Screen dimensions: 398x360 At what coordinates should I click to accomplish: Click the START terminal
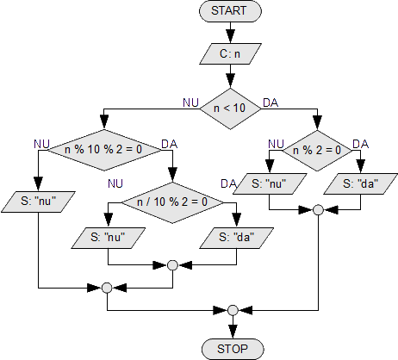point(230,11)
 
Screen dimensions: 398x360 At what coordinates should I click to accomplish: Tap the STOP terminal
point(233,349)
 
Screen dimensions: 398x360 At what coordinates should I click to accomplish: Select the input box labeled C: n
point(230,53)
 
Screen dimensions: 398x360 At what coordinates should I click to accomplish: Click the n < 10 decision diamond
point(230,109)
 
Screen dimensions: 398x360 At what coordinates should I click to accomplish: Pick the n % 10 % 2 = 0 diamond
point(104,150)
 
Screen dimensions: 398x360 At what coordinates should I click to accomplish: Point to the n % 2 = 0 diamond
point(317,151)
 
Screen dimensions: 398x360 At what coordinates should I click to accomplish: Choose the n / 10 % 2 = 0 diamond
point(172,202)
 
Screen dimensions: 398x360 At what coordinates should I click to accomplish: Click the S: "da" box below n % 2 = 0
point(361,183)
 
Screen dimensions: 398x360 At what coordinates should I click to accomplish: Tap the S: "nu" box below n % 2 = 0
point(270,183)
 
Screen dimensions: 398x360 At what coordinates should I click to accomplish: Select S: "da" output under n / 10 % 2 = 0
point(237,238)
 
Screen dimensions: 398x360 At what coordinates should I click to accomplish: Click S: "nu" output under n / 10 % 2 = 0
point(109,238)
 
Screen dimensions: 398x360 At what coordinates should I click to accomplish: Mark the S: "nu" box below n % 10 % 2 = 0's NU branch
point(38,202)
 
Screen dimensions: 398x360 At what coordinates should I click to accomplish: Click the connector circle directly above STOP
point(233,310)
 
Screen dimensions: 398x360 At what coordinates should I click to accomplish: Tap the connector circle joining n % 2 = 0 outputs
point(318,210)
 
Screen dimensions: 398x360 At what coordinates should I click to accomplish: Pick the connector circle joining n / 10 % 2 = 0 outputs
point(172,265)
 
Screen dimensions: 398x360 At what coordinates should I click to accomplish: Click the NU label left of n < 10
point(190,102)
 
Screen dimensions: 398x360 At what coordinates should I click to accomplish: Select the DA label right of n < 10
point(271,102)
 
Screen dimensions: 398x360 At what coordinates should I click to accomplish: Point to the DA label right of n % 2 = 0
point(360,144)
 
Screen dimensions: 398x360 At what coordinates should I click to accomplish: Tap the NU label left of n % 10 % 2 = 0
point(41,144)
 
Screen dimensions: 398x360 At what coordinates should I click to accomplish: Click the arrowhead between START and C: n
point(230,36)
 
